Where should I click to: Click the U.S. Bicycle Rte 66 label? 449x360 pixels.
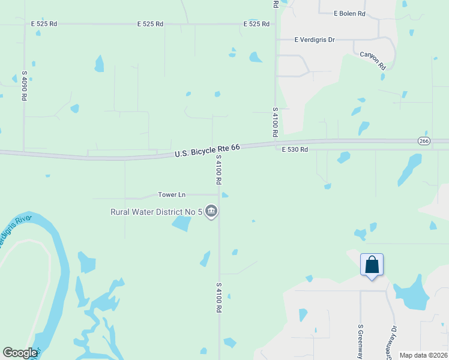tap(207, 150)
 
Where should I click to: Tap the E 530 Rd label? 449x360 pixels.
tap(295, 149)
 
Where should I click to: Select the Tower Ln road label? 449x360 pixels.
tap(172, 194)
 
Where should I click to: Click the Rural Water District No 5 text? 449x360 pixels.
tap(156, 211)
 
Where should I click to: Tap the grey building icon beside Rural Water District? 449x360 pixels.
tap(211, 211)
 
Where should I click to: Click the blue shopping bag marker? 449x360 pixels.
tap(372, 265)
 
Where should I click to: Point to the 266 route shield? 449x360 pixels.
tap(424, 140)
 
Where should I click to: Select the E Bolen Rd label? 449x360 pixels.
tap(350, 13)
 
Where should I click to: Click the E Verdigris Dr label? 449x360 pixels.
tap(314, 39)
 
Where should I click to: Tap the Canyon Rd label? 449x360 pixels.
tap(372, 61)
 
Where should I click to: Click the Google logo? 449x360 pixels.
tap(20, 353)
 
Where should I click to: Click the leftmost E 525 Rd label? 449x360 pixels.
tap(44, 24)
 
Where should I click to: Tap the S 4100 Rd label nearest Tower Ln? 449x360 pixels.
tap(219, 169)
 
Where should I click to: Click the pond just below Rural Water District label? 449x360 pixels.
tap(181, 224)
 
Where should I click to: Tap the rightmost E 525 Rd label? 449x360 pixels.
tap(256, 24)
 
